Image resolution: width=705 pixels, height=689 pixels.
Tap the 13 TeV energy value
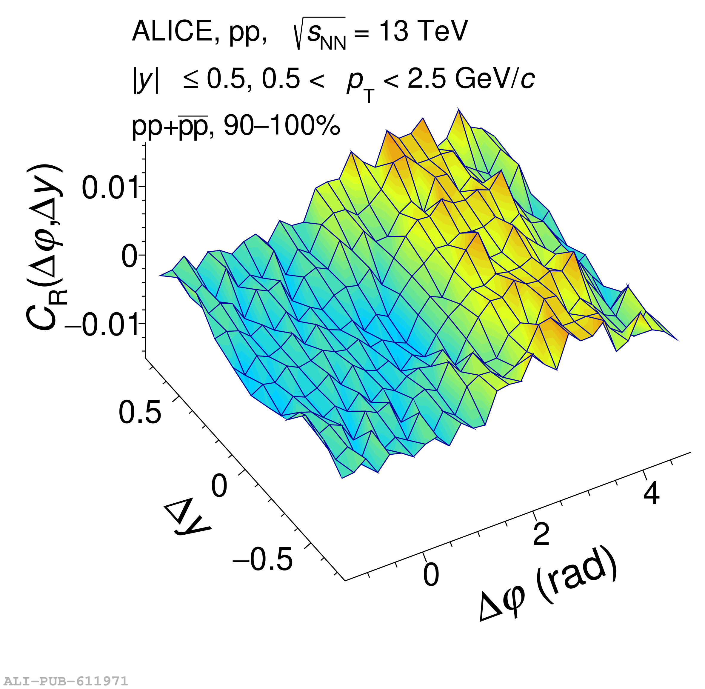423,31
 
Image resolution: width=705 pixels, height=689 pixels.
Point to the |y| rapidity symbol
146,80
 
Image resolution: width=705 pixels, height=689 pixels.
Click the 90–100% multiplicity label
282,126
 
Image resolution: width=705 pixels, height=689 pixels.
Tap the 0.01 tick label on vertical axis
110,187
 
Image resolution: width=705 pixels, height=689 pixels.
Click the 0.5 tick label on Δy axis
140,412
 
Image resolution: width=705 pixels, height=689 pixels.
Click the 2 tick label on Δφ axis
541,534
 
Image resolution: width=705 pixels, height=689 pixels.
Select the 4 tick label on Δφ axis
651,493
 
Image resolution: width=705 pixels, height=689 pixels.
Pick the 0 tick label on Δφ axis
431,575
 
